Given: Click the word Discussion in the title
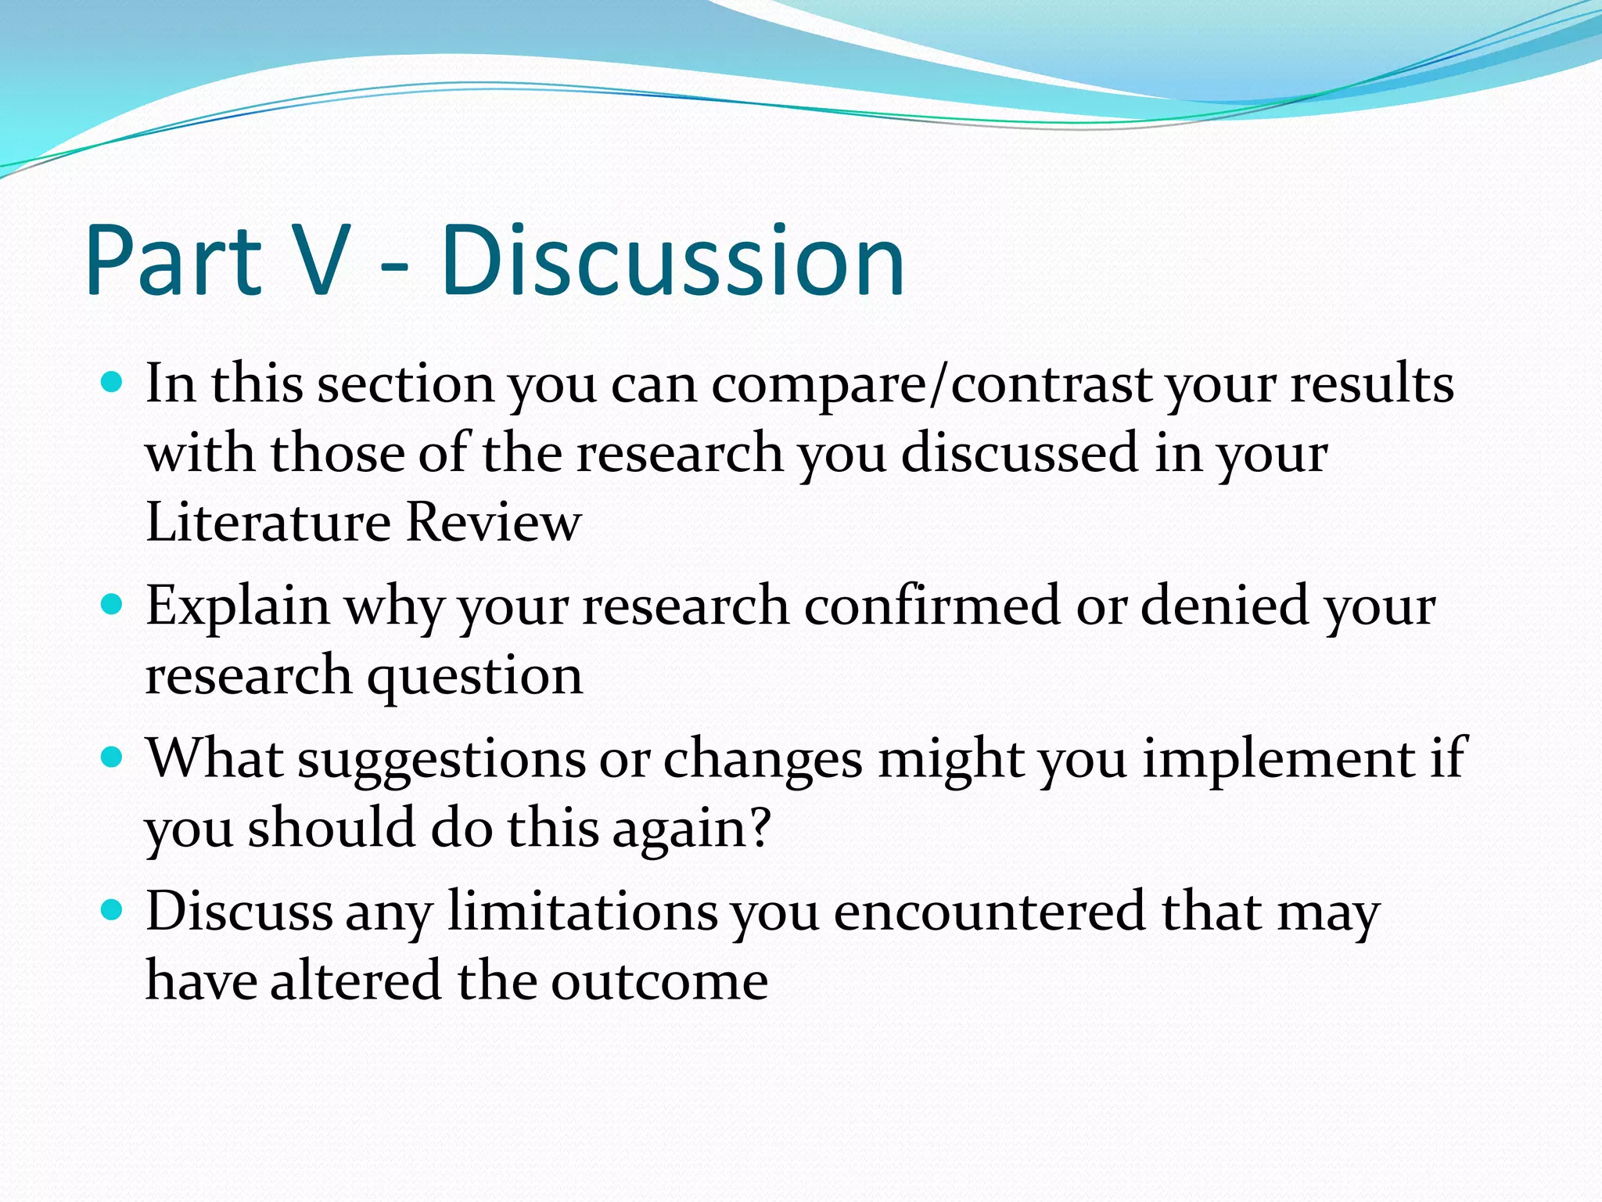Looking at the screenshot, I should click(x=673, y=260).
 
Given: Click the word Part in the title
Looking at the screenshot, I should click(x=174, y=260).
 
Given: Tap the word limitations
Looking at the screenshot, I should click(x=583, y=912).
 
